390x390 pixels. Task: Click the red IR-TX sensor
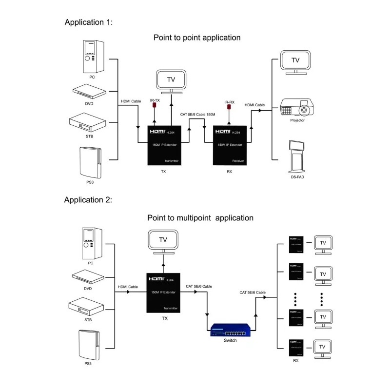[x=155, y=105]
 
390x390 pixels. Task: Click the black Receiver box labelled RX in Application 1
[x=233, y=146]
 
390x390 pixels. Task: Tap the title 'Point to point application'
[x=197, y=38]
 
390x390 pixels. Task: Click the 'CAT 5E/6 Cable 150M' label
[x=197, y=115]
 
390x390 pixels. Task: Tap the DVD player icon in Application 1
[x=89, y=91]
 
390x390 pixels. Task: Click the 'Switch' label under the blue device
[x=230, y=340]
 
